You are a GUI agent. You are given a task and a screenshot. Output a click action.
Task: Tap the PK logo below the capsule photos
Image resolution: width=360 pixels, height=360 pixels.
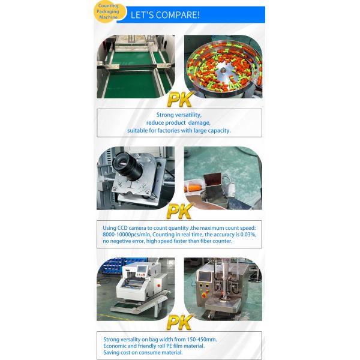pyautogui.click(x=180, y=100)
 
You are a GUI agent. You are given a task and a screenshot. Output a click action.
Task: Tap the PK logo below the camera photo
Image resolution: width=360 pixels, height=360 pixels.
pyautogui.click(x=180, y=211)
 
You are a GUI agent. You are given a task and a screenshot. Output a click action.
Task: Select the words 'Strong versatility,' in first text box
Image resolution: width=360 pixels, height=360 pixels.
pyautogui.click(x=179, y=115)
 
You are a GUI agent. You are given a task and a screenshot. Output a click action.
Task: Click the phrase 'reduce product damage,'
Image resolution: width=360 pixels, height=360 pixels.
pyautogui.click(x=179, y=122)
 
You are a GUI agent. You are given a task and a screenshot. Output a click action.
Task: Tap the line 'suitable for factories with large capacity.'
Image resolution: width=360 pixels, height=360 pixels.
pyautogui.click(x=179, y=130)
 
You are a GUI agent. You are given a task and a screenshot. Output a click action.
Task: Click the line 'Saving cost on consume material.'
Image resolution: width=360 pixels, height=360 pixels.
pyautogui.click(x=143, y=352)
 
